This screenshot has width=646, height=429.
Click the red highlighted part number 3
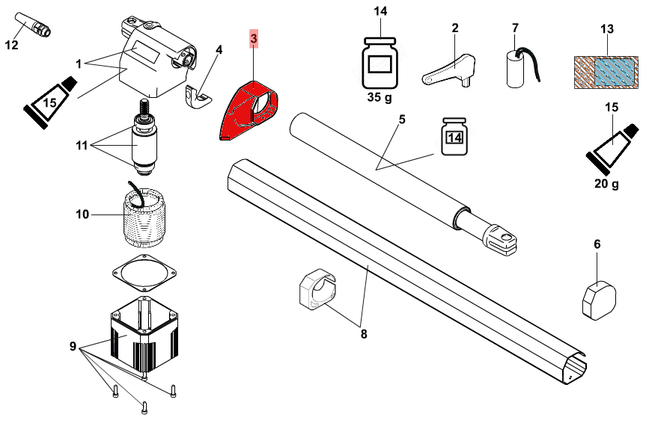pos(254,38)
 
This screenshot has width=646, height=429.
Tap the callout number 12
pos(10,45)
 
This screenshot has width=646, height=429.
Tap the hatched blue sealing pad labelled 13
pos(606,72)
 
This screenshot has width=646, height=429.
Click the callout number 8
pos(364,333)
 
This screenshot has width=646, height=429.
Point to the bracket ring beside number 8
pos(317,290)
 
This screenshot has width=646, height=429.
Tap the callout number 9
pos(73,346)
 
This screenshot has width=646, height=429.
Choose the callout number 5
pos(401,120)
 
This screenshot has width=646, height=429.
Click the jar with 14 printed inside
pos(454,136)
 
